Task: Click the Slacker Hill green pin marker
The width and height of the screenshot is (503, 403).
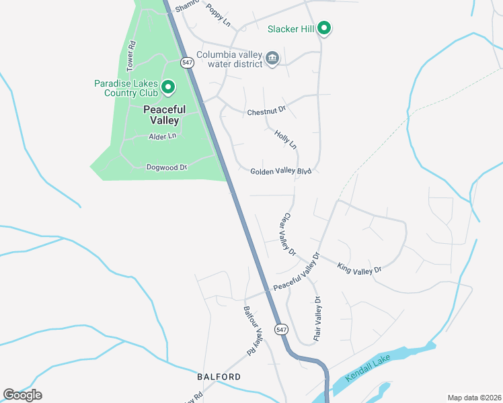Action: tap(324, 28)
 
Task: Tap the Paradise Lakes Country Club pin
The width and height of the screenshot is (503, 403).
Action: tap(167, 87)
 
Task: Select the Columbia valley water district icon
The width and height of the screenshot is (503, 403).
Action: tap(272, 58)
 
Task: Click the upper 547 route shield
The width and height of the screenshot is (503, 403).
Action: tap(188, 61)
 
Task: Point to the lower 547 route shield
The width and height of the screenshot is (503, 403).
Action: tap(281, 329)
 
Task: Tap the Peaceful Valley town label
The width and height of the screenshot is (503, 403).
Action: tap(163, 115)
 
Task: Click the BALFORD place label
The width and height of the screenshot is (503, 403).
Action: tap(219, 377)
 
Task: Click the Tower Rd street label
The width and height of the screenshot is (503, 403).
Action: tap(132, 56)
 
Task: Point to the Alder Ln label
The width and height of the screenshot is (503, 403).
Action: tap(162, 136)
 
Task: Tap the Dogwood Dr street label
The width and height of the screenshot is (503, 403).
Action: tap(166, 167)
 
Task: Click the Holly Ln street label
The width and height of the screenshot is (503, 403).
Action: tap(285, 140)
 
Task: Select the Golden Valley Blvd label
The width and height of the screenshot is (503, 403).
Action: tap(281, 171)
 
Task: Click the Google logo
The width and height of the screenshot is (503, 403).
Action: tap(22, 394)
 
